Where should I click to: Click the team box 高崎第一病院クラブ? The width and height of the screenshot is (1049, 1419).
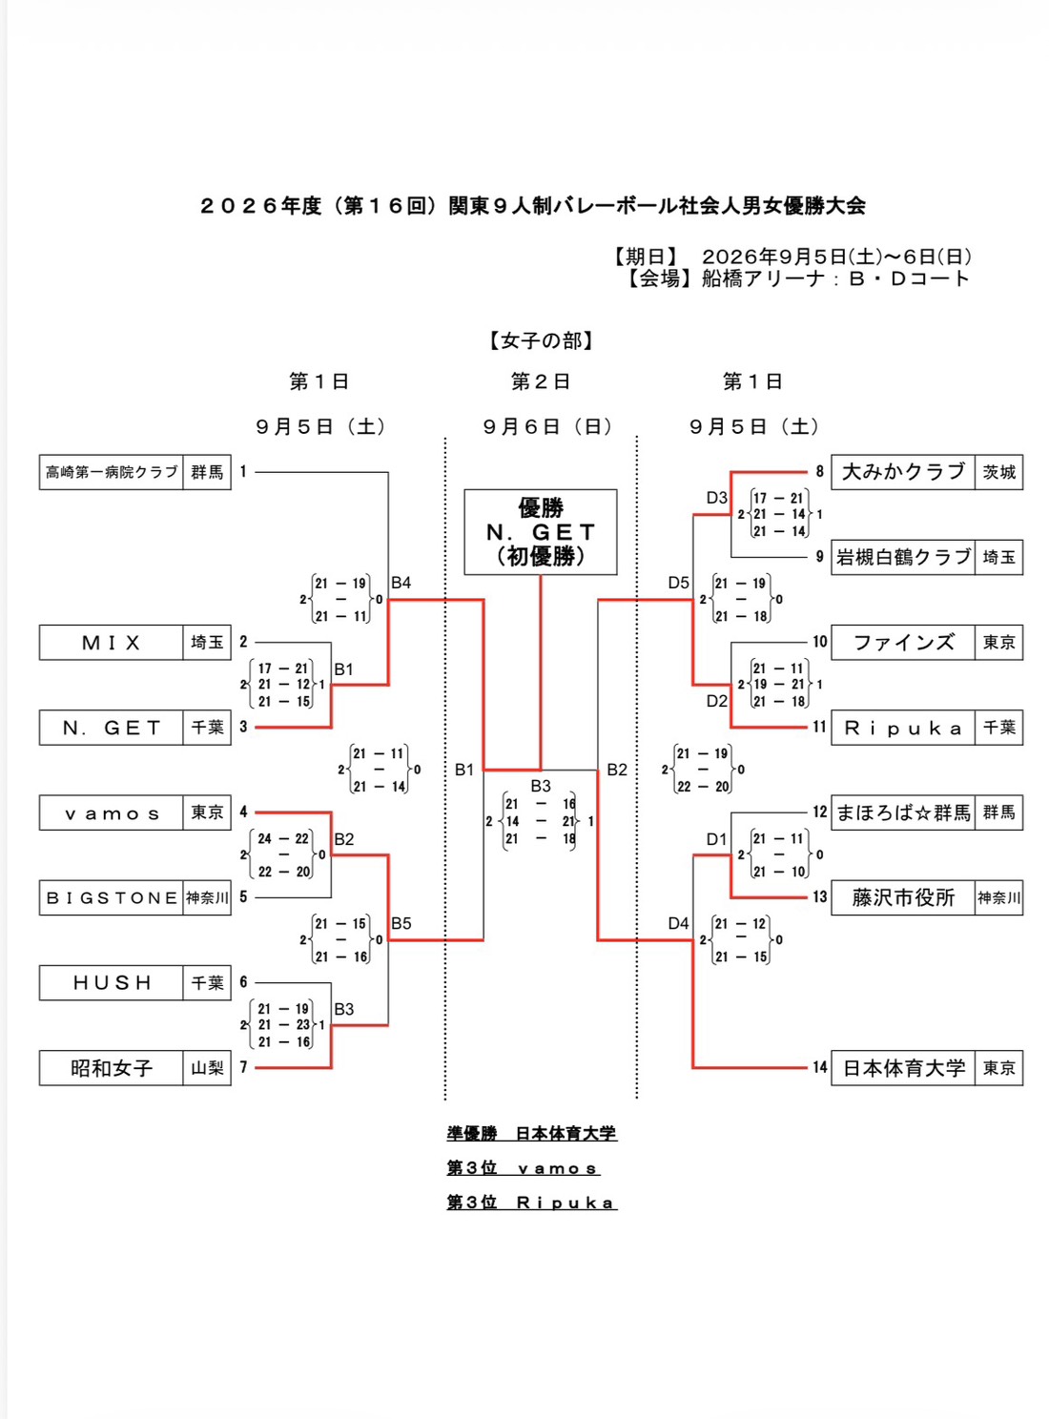(111, 472)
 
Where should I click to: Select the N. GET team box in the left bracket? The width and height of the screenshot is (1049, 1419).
(111, 728)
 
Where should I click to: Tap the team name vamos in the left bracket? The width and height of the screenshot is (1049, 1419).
(111, 813)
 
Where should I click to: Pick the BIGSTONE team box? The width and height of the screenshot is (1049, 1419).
(111, 897)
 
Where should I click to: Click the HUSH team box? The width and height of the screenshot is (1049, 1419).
(111, 982)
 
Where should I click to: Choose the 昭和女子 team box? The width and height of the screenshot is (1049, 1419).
(111, 1068)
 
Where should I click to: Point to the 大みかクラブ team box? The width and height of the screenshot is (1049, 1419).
(903, 472)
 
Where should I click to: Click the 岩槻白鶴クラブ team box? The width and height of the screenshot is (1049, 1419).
(903, 557)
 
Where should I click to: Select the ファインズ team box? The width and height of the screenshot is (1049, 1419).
(903, 643)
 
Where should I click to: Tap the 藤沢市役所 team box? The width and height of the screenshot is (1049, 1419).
(903, 897)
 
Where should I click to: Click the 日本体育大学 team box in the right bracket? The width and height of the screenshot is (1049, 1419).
(903, 1068)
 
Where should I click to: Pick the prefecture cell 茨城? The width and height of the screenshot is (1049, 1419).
(999, 472)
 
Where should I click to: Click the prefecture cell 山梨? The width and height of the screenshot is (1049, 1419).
(207, 1068)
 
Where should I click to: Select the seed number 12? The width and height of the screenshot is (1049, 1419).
(820, 812)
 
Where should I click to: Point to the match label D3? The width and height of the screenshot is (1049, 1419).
(717, 498)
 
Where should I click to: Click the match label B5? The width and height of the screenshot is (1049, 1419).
(401, 923)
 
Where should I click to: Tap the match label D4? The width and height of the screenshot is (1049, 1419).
(678, 923)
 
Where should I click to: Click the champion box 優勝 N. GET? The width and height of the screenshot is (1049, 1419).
(540, 532)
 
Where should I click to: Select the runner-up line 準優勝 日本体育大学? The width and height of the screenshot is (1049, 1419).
(531, 1134)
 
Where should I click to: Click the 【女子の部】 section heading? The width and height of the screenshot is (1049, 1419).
(541, 341)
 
